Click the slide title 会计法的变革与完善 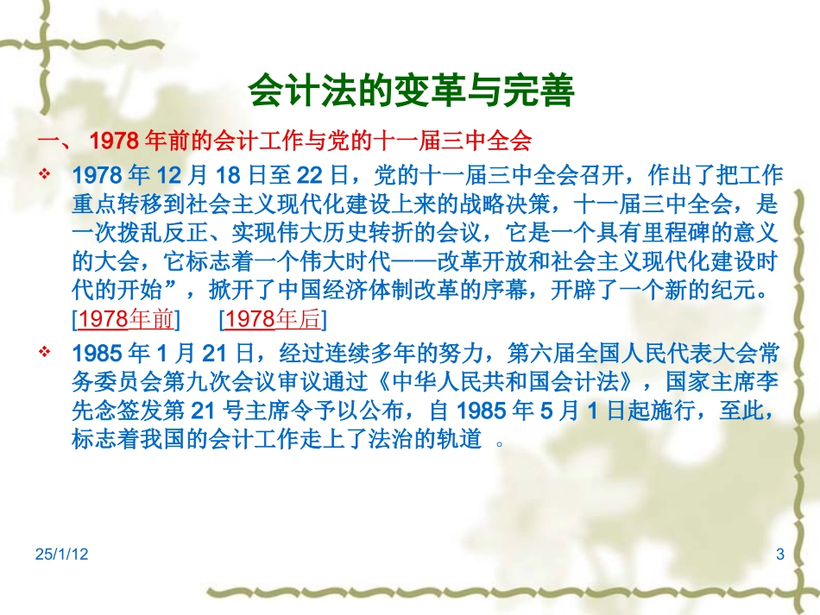(x=410, y=90)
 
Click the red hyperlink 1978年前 (x=126, y=320)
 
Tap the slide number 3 (x=780, y=555)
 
